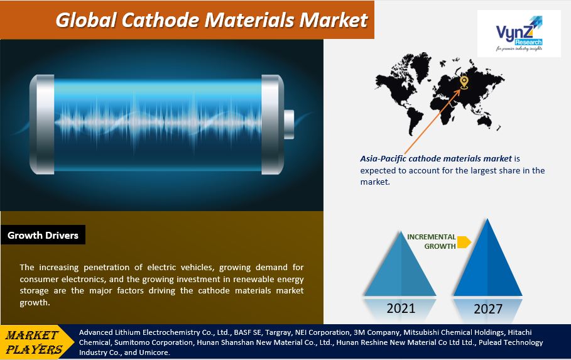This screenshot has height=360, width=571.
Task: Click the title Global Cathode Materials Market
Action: pyautogui.click(x=211, y=19)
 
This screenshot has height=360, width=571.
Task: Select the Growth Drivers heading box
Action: pyautogui.click(x=43, y=236)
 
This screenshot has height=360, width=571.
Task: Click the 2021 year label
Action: pyautogui.click(x=400, y=308)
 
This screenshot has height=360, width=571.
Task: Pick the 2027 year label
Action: pyautogui.click(x=487, y=309)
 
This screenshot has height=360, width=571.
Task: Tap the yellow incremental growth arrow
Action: pyautogui.click(x=464, y=242)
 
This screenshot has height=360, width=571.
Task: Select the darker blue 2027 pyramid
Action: pyautogui.click(x=487, y=264)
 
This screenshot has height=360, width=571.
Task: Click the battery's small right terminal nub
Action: pyautogui.click(x=288, y=124)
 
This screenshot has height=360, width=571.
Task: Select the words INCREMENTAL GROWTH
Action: pyautogui.click(x=432, y=241)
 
